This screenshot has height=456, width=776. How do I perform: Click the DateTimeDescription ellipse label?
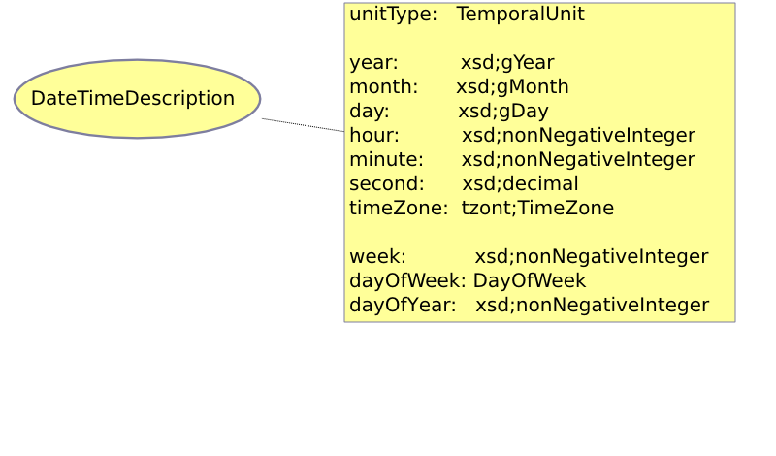click(x=133, y=99)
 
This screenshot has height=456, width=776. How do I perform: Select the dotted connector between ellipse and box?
click(x=303, y=125)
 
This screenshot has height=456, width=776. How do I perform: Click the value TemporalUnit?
click(x=520, y=14)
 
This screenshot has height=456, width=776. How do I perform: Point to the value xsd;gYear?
click(x=507, y=63)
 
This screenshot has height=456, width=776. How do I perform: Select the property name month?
click(x=383, y=87)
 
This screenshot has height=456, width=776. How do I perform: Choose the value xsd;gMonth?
click(x=512, y=87)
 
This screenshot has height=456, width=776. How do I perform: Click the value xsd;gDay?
click(x=503, y=112)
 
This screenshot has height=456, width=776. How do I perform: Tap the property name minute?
click(x=386, y=159)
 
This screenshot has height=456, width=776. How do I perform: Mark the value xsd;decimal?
click(x=520, y=183)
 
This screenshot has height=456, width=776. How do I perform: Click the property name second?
click(x=387, y=183)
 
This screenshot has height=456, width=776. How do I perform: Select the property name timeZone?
click(x=399, y=208)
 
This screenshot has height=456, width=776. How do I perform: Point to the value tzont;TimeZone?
click(x=537, y=208)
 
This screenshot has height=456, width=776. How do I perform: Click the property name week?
click(x=377, y=257)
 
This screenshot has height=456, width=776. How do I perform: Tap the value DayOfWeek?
click(x=530, y=280)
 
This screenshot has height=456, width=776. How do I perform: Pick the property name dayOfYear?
click(x=403, y=305)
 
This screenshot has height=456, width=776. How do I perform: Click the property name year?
click(x=373, y=63)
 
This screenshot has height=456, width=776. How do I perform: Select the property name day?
click(x=370, y=112)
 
